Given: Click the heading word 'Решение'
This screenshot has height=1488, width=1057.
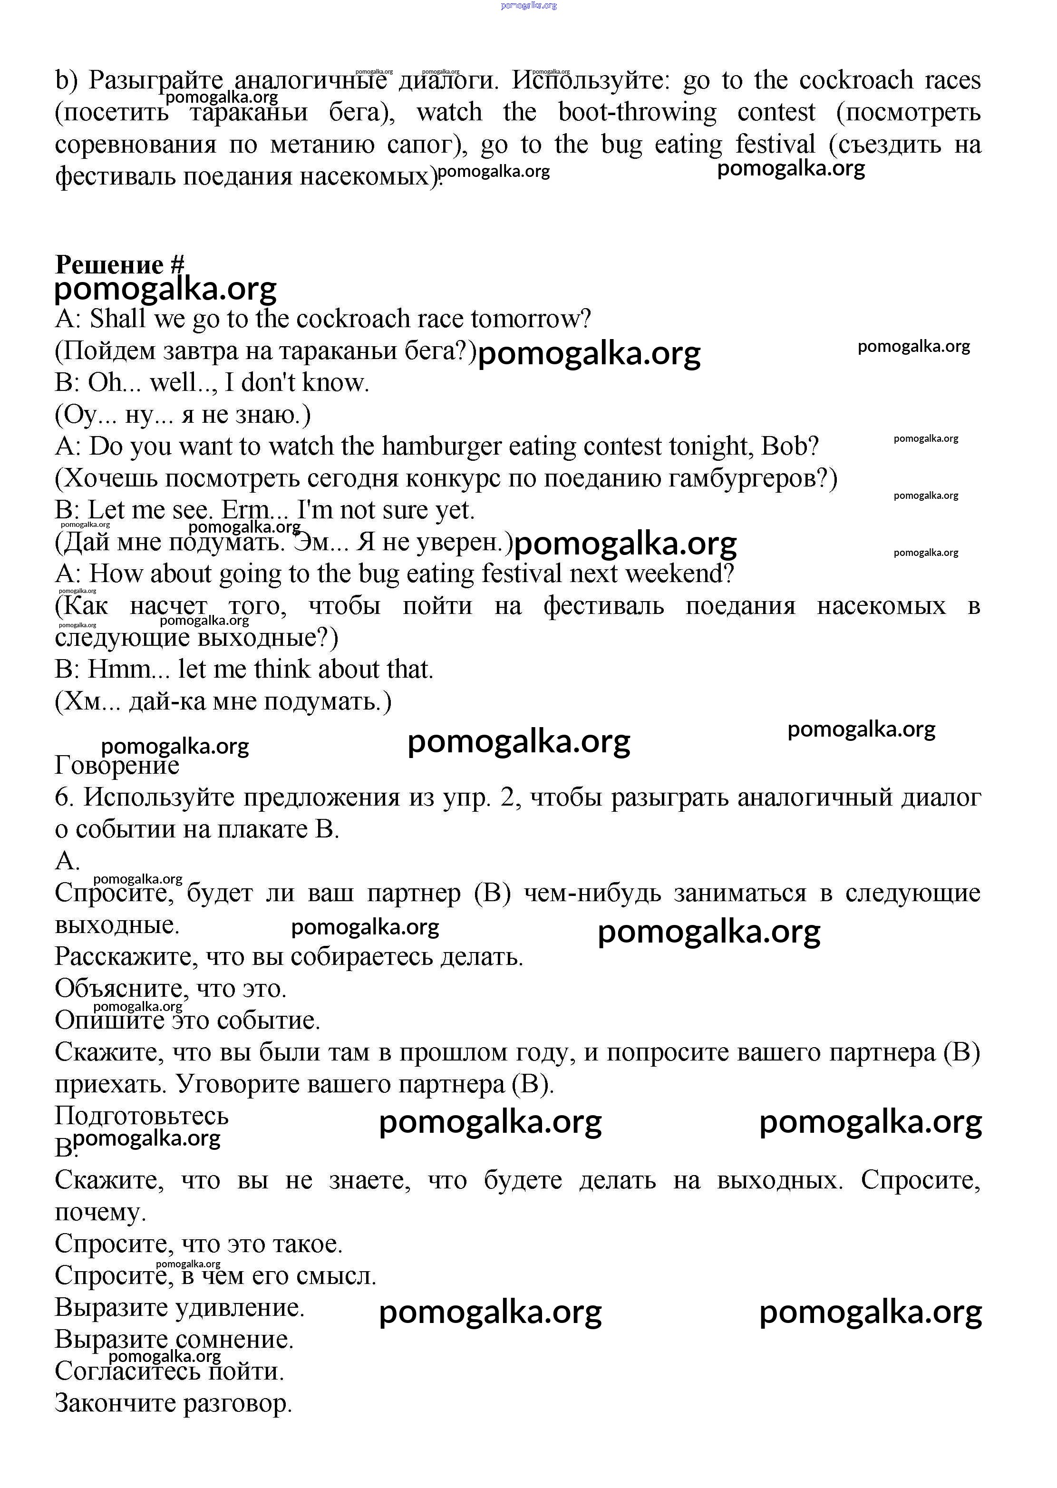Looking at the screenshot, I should point(109,265).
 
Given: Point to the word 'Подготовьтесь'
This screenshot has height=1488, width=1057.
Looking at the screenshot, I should point(142,1116).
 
